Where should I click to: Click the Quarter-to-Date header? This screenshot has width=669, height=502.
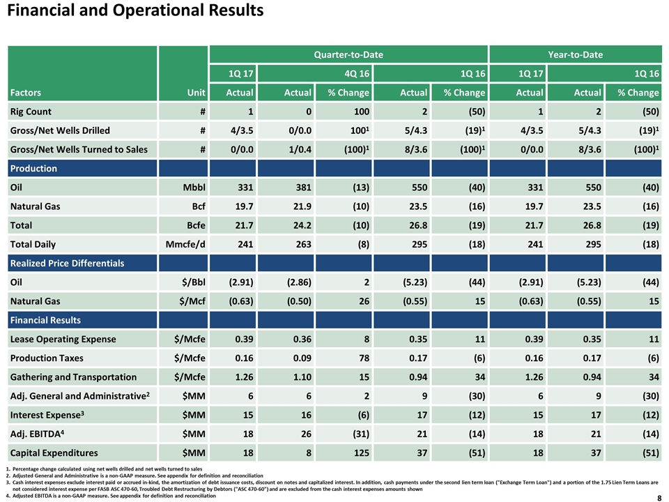pos(348,54)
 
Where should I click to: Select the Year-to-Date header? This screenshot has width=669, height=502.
pos(575,54)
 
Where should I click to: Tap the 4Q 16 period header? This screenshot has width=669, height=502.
pos(357,73)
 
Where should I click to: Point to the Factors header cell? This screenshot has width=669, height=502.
pos(26,93)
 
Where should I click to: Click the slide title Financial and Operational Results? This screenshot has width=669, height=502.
pos(135,10)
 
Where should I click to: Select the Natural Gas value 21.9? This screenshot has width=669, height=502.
pos(302,206)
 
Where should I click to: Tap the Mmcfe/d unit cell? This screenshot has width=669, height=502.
pos(185,244)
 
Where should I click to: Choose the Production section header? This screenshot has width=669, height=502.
pos(33,169)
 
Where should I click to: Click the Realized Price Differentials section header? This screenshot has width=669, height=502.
pos(67,264)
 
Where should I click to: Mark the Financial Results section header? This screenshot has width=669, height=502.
pos(45,320)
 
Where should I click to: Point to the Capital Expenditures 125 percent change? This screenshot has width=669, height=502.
pos(361,453)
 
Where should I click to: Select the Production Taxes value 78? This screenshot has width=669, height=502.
pos(364,358)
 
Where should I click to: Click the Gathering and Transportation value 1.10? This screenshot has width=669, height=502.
pos(302,377)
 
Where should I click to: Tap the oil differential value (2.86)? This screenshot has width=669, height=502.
pos(299,282)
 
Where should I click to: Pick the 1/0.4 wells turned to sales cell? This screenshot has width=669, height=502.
pos(300,149)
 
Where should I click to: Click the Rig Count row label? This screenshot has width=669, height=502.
pos(31,112)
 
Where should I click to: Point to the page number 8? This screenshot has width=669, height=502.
pos(659,498)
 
